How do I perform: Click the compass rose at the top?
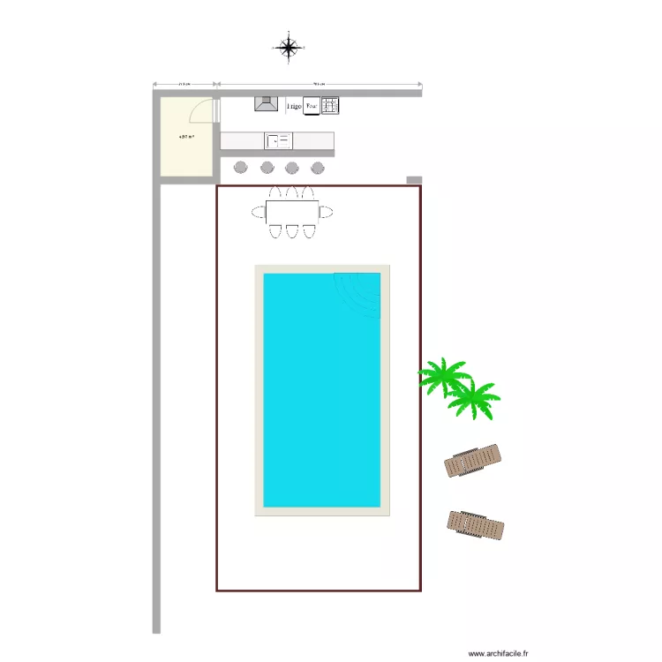pyautogui.click(x=289, y=47)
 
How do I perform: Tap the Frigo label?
pyautogui.click(x=294, y=106)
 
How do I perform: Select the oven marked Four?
pyautogui.click(x=312, y=106)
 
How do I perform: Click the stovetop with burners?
pyautogui.click(x=330, y=105)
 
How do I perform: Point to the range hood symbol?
pyautogui.click(x=267, y=104)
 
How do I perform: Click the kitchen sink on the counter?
pyautogui.click(x=279, y=140)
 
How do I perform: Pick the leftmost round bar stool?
pyautogui.click(x=241, y=168)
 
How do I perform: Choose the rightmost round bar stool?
pyautogui.click(x=317, y=168)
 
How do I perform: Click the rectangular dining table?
pyautogui.click(x=292, y=212)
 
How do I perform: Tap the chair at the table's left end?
pyautogui.click(x=258, y=212)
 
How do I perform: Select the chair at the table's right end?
pyautogui.click(x=327, y=212)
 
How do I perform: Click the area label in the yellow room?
pyautogui.click(x=186, y=137)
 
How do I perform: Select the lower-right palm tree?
pyautogui.click(x=472, y=399)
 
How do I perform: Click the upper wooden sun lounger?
pyautogui.click(x=474, y=460)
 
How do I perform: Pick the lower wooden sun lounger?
pyautogui.click(x=476, y=524)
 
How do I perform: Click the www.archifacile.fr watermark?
pyautogui.click(x=498, y=653)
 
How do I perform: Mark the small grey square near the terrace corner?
pyautogui.click(x=414, y=180)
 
